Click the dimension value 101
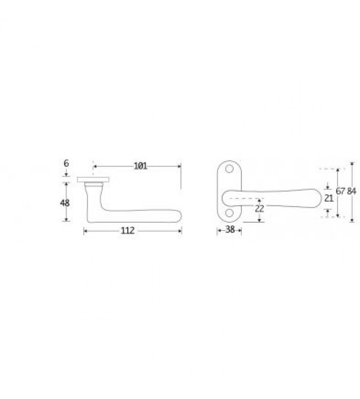(141, 166)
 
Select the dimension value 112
(127, 231)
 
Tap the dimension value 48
(65, 203)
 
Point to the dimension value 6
(66, 163)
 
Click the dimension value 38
(230, 229)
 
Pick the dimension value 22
(260, 208)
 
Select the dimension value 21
(329, 198)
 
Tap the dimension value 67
(340, 191)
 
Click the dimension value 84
(352, 191)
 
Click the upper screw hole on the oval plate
(229, 169)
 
